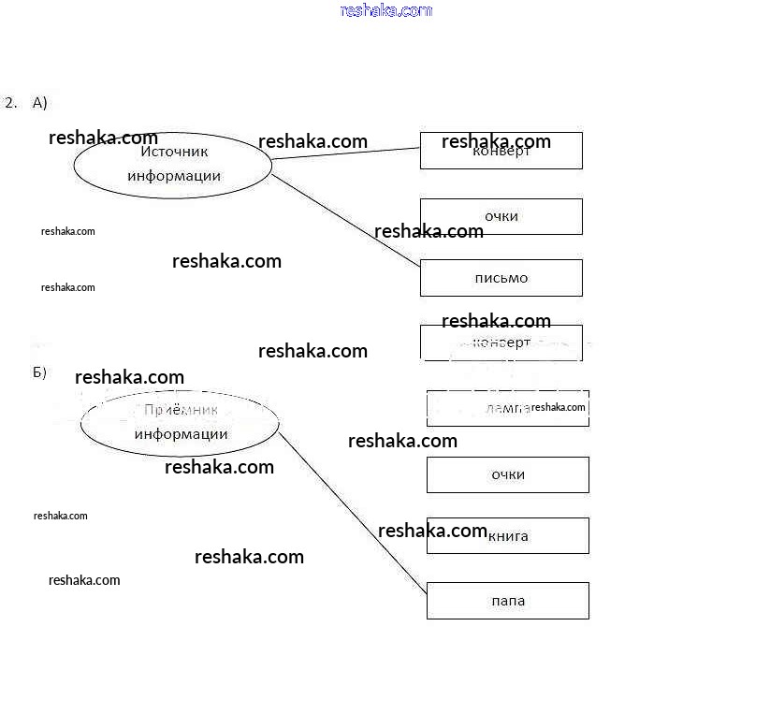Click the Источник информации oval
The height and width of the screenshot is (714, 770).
click(173, 165)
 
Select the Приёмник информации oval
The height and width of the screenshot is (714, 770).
click(180, 423)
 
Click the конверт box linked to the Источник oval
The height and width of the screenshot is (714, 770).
click(501, 151)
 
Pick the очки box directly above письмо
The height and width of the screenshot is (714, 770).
click(501, 216)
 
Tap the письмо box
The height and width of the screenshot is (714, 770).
click(501, 278)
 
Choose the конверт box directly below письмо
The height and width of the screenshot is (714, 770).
click(501, 342)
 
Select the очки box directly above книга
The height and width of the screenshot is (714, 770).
click(507, 474)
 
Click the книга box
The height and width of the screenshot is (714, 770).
click(507, 536)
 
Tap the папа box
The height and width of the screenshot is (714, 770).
click(507, 601)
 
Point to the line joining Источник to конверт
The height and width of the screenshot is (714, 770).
click(346, 153)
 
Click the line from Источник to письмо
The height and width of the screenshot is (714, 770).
click(346, 221)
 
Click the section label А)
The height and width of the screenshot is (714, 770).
click(39, 103)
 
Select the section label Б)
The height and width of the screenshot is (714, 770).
click(39, 372)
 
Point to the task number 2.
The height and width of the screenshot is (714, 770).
click(10, 103)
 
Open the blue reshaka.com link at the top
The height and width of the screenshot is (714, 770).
click(386, 10)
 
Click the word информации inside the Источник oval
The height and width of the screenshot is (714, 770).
click(174, 176)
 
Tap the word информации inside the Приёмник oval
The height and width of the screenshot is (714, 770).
click(181, 434)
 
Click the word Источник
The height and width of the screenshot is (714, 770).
click(174, 152)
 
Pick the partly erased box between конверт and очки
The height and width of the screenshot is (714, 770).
click(507, 408)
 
